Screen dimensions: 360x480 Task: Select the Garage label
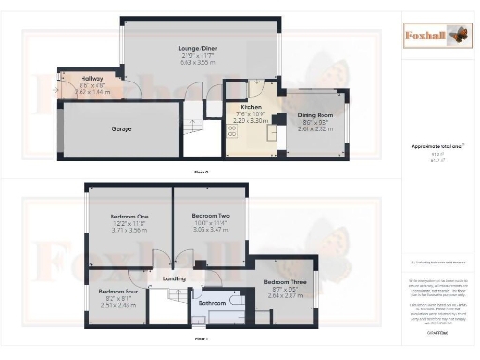pos(122,128)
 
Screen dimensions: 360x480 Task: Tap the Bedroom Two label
pos(210,215)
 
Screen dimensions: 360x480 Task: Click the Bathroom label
pos(213,302)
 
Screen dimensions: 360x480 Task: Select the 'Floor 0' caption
pos(200,172)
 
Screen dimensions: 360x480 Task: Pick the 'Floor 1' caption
pos(200,337)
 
